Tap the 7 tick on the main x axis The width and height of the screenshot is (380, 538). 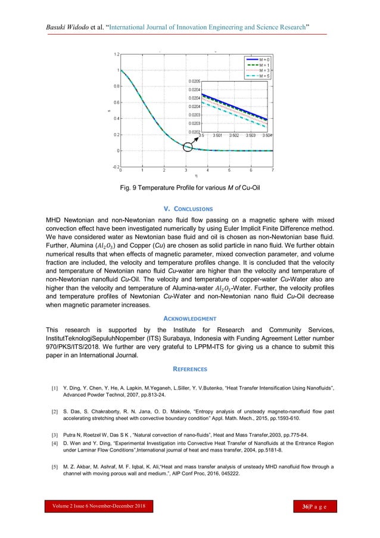click(x=273, y=170)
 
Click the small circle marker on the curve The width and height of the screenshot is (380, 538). click(x=188, y=147)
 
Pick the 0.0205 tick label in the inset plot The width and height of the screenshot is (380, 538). click(x=194, y=81)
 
